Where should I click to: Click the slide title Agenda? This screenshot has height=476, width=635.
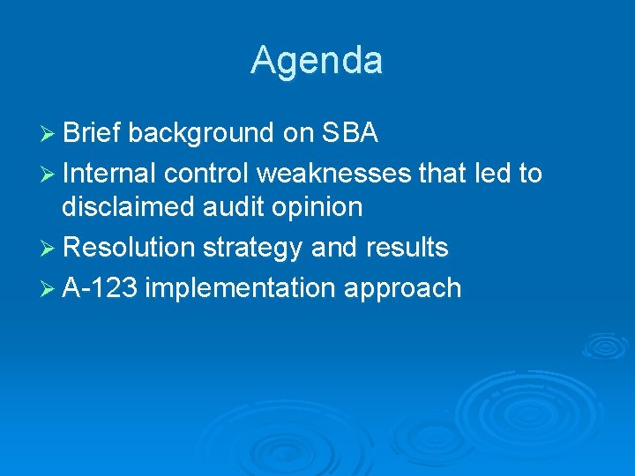(317, 61)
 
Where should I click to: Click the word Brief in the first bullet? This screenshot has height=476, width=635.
(94, 133)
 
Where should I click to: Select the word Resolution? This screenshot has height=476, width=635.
(129, 248)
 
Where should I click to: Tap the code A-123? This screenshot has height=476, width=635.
(99, 287)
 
